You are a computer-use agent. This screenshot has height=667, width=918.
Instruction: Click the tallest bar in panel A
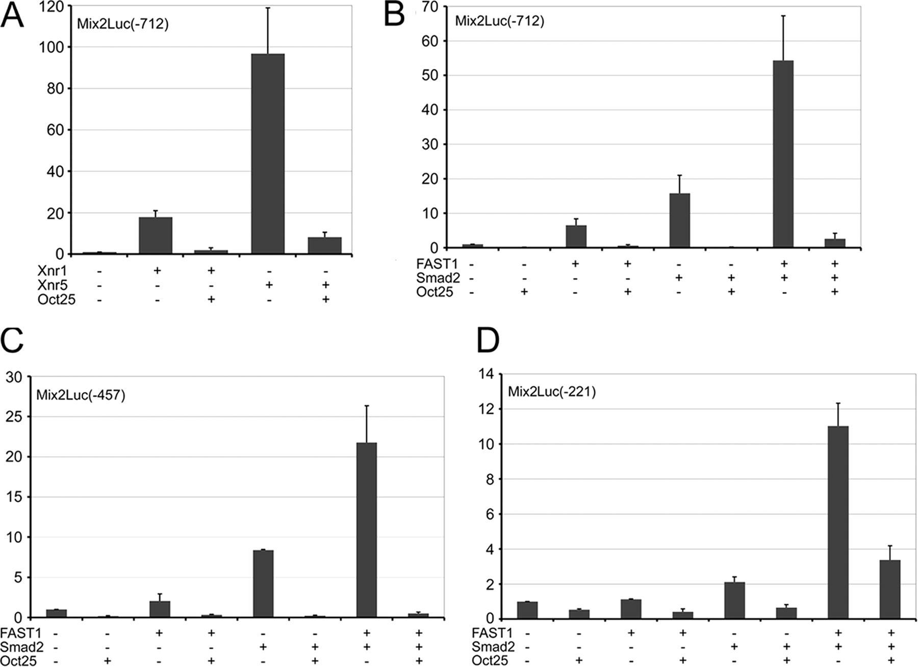pyautogui.click(x=268, y=153)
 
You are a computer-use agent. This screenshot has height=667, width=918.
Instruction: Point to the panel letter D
pyautogui.click(x=488, y=340)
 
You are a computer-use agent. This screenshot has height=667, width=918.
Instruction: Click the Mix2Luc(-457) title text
pyautogui.click(x=81, y=395)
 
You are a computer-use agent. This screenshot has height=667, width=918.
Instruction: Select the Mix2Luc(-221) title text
pyautogui.click(x=552, y=392)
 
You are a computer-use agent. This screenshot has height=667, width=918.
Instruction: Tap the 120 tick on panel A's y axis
pyautogui.click(x=53, y=7)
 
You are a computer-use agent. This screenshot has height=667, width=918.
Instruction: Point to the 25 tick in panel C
pyautogui.click(x=17, y=417)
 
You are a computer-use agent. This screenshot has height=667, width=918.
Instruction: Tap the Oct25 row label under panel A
pyautogui.click(x=56, y=300)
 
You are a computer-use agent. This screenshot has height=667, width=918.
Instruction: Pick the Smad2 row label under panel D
pyautogui.click(x=493, y=647)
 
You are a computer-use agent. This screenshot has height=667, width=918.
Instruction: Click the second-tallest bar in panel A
pyautogui.click(x=156, y=235)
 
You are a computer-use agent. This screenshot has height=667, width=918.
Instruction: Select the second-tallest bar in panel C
pyautogui.click(x=263, y=583)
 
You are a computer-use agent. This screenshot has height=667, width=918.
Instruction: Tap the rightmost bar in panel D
pyautogui.click(x=890, y=589)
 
